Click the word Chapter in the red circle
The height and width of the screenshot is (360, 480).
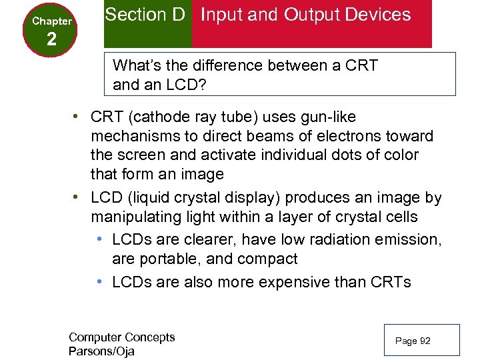[x=52, y=21]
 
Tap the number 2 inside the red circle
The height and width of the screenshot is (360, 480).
[x=52, y=39]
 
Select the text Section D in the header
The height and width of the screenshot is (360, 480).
[x=145, y=15]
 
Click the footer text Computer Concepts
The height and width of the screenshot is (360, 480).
[x=121, y=337]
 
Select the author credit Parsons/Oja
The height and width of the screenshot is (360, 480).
[x=101, y=351]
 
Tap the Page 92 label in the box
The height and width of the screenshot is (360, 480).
[x=413, y=341]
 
